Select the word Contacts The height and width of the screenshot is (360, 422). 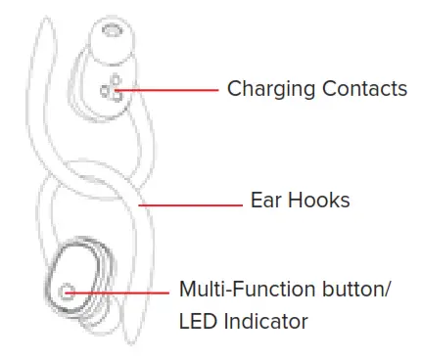[x=361, y=89]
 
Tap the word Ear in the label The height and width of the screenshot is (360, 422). [x=267, y=202]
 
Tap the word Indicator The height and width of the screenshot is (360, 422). [x=263, y=321]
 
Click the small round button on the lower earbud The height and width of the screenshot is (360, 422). [x=68, y=291]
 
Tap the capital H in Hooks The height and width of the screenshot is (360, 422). [x=293, y=202]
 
